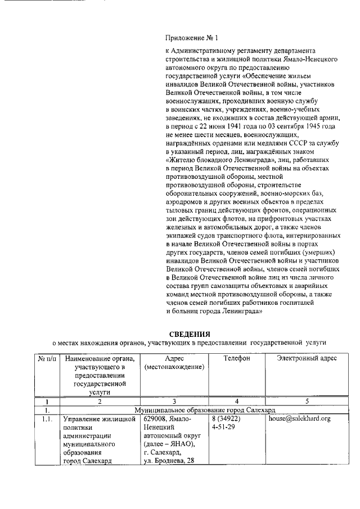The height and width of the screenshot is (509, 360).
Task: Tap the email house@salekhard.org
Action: pyautogui.click(x=299, y=418)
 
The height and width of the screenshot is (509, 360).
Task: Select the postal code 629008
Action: pyautogui.click(x=155, y=418)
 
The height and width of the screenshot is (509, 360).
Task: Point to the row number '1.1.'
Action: pyautogui.click(x=47, y=418)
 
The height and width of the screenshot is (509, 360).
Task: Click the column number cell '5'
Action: pyautogui.click(x=307, y=401)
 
